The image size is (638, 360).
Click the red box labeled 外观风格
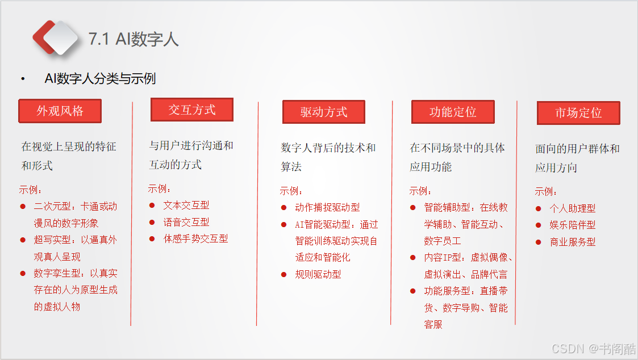[x=60, y=111]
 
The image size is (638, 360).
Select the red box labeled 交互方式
[x=192, y=110]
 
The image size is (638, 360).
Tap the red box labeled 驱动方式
[x=324, y=112]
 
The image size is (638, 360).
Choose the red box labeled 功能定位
[x=453, y=112]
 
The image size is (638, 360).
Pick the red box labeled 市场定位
[x=578, y=112]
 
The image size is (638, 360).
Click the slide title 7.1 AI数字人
[x=134, y=39]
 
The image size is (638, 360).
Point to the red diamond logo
[x=55, y=37]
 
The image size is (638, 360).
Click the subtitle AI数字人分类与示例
[x=100, y=78]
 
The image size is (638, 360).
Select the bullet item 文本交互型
[x=186, y=206]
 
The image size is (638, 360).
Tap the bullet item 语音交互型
[x=186, y=222]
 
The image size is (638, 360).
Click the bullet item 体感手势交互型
[x=195, y=239]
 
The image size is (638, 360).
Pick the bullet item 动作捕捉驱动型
[x=328, y=207]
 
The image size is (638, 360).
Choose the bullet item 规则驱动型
[x=318, y=275]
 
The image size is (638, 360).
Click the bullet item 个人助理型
[x=573, y=209]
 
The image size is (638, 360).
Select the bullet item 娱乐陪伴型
[x=573, y=225]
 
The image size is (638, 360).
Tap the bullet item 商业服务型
[x=573, y=242]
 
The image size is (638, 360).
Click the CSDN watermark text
[x=594, y=349]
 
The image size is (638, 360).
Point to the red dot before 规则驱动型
[x=283, y=275]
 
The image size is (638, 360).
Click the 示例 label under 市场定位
[x=545, y=191]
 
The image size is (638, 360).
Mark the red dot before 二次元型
[x=23, y=207]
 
